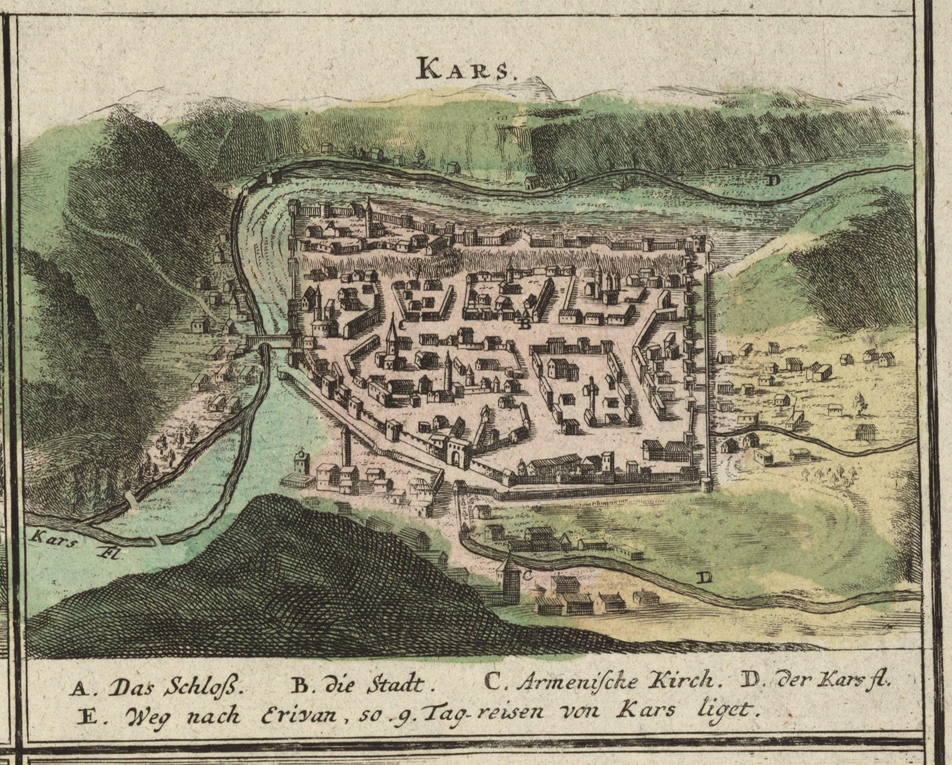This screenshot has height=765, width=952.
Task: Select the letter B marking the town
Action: [x=524, y=324]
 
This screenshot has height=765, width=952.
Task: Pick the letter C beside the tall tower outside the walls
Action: [x=526, y=575]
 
